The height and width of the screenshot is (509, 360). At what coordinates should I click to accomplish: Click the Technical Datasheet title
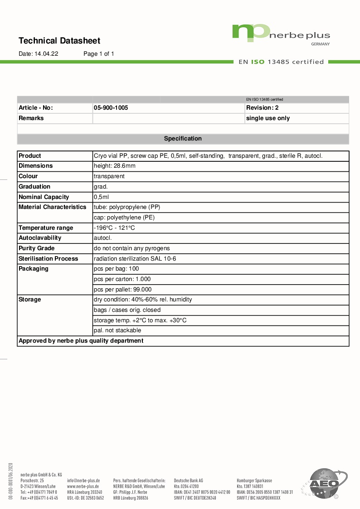tap(59, 41)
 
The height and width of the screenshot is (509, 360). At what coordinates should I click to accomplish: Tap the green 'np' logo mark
tap(251, 32)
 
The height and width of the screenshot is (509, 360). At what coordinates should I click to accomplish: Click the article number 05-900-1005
tap(111, 108)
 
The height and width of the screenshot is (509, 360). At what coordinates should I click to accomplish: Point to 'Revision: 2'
tap(263, 108)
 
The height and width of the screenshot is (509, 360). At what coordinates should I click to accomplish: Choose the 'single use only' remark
tap(268, 118)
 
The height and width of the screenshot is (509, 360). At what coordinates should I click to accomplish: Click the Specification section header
tap(183, 139)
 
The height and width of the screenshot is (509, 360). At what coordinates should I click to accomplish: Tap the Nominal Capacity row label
tap(44, 197)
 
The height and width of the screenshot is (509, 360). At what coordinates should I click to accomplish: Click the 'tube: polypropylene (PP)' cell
tap(127, 207)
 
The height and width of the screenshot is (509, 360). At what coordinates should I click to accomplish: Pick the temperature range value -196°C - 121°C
tap(114, 228)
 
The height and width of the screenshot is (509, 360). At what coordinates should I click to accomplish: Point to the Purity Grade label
tap(37, 248)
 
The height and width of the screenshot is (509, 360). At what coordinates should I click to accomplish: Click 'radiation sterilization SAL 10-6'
tap(135, 259)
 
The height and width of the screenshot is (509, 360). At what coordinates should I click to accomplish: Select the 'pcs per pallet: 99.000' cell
tap(123, 290)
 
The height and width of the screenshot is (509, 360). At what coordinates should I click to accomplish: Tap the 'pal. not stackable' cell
tap(117, 330)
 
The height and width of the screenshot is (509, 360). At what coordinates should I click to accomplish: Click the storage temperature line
tap(140, 320)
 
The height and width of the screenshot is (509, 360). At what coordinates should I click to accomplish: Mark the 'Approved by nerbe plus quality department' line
tap(81, 341)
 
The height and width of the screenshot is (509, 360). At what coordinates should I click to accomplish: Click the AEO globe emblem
tap(324, 484)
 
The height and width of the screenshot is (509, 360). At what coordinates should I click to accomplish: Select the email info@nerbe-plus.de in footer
tap(83, 480)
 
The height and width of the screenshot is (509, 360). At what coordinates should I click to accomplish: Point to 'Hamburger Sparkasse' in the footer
tap(254, 480)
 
